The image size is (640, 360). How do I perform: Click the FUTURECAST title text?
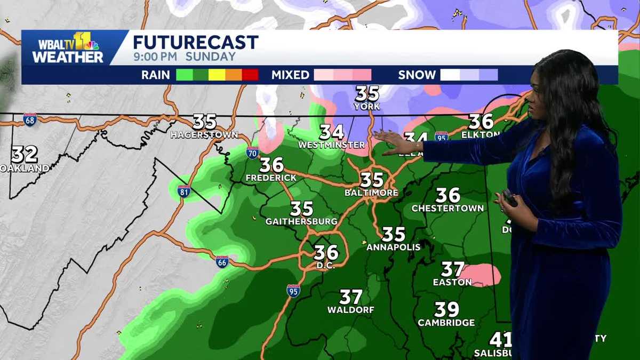click(x=195, y=42)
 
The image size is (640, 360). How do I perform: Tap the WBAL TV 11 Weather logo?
click(x=67, y=48)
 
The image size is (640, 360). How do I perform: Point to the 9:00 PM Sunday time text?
click(x=184, y=57)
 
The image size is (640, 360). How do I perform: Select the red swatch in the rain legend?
click(x=250, y=75)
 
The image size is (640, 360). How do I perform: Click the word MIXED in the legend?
click(x=290, y=75)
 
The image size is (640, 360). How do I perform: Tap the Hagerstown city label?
click(x=204, y=135)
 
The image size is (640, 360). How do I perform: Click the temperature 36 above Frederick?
click(x=271, y=164)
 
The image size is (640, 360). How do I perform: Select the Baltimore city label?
click(x=372, y=193)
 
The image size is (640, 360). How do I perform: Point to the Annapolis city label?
click(x=393, y=247)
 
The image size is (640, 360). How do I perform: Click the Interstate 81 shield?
click(x=184, y=191)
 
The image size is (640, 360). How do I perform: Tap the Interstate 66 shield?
click(x=222, y=261)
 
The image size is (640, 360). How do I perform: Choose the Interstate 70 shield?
click(x=253, y=153)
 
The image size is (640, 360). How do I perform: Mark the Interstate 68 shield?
click(x=30, y=119)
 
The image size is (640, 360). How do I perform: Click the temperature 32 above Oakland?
click(x=25, y=155)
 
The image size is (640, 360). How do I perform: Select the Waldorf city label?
click(x=350, y=309)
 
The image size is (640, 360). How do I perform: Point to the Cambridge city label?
click(x=446, y=323)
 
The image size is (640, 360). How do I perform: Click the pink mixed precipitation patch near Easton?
click(x=483, y=275)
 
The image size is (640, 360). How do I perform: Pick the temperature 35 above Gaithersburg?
click(x=301, y=208)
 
